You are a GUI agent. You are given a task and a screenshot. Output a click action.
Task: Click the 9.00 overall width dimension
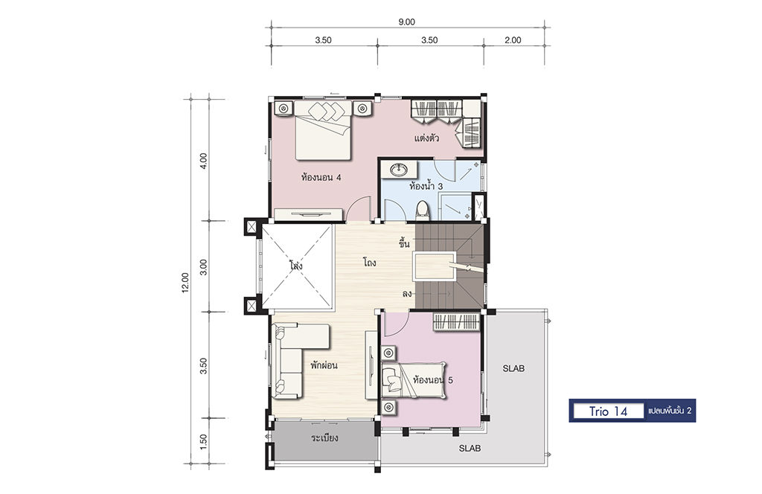tap(407, 22)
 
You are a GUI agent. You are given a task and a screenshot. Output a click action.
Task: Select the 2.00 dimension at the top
tap(513, 40)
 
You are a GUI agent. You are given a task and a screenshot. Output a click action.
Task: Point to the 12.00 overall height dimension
tap(185, 283)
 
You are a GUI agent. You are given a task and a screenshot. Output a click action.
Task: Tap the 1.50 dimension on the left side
tap(204, 441)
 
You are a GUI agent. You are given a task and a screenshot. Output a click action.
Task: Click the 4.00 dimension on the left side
tap(204, 160)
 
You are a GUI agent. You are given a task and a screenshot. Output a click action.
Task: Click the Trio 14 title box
tap(609, 411)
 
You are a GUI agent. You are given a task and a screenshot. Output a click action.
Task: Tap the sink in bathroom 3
tap(400, 170)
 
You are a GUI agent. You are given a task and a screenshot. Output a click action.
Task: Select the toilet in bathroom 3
tap(423, 211)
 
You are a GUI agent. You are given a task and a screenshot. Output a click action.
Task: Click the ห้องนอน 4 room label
tap(321, 177)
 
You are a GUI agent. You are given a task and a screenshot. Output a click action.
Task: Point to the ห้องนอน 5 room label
tap(432, 380)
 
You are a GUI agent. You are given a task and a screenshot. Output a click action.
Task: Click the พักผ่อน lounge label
tap(324, 365)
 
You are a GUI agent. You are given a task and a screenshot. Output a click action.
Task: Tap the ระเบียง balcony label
tap(324, 438)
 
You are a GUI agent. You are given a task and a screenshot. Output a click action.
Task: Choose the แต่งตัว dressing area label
tap(426, 138)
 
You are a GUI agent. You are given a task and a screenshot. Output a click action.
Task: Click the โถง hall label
tap(370, 263)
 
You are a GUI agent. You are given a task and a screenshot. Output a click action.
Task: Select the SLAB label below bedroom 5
tap(470, 449)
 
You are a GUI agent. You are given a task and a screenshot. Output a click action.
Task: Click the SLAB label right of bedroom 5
tap(513, 369)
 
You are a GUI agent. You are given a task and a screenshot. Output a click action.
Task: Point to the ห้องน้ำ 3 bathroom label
tap(426, 186)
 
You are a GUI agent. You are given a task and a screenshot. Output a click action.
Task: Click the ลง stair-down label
tap(407, 294)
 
